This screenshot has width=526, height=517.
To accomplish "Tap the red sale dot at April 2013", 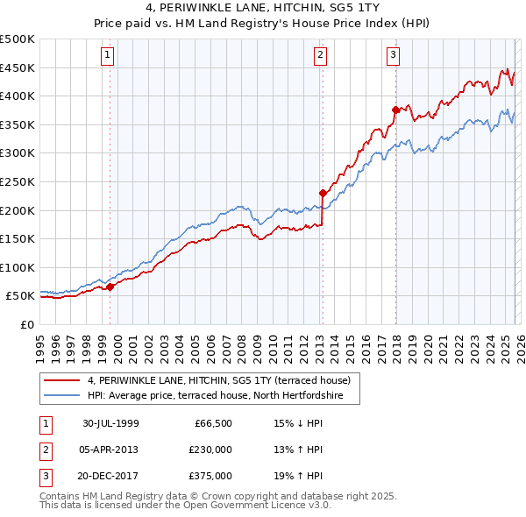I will tap(323, 193).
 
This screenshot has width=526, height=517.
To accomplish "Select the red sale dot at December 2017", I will tap(395, 110).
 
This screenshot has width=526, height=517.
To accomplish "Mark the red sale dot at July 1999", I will tap(110, 287).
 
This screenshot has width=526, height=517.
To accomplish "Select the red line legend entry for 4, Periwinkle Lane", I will tap(218, 380).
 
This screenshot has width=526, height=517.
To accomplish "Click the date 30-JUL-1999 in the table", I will tap(110, 423).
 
